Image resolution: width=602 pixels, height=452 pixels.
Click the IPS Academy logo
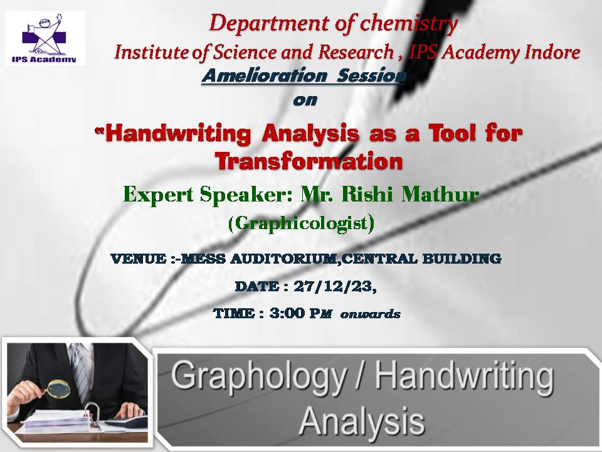[x=45, y=38]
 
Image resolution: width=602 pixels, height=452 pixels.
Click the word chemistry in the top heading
[x=409, y=24]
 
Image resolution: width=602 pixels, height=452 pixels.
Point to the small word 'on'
[x=305, y=100]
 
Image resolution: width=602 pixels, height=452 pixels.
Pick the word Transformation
[x=309, y=161]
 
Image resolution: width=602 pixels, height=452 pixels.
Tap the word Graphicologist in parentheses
[x=301, y=223]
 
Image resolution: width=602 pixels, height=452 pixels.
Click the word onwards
[x=370, y=315]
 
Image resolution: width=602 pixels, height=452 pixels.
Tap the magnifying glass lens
[x=60, y=389]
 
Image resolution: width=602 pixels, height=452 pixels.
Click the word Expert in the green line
[x=158, y=195]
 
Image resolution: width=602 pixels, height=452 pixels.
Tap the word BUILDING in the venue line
[x=462, y=259]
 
